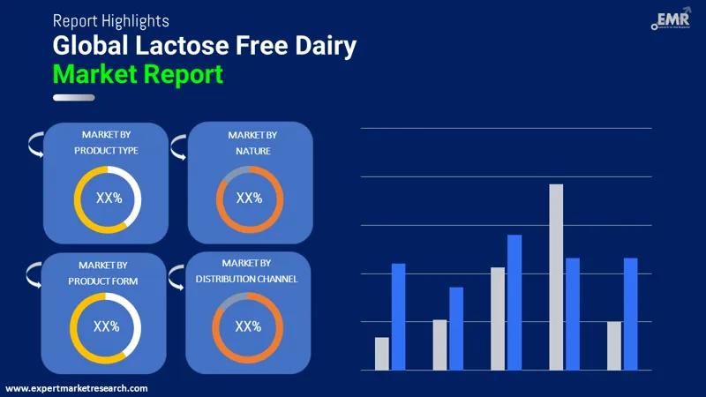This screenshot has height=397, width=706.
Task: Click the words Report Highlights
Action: pyautogui.click(x=110, y=19)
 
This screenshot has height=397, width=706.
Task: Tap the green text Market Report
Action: pyautogui.click(x=138, y=74)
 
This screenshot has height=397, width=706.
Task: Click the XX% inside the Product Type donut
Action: pyautogui.click(x=108, y=198)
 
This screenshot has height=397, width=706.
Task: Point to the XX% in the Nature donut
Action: pyautogui.click(x=249, y=198)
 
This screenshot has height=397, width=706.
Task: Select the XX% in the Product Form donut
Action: pyautogui.click(x=106, y=326)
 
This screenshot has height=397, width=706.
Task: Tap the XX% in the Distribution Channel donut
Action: pyautogui.click(x=248, y=326)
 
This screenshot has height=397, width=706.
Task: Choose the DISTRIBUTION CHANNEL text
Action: pyautogui.click(x=246, y=279)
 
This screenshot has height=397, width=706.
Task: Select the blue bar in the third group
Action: pyautogui.click(x=514, y=302)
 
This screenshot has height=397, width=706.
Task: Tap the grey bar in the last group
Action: pyautogui.click(x=613, y=345)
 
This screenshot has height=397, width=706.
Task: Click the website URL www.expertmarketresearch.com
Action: pyautogui.click(x=77, y=388)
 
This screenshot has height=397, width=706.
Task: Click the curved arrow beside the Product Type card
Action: pyautogui.click(x=35, y=144)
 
